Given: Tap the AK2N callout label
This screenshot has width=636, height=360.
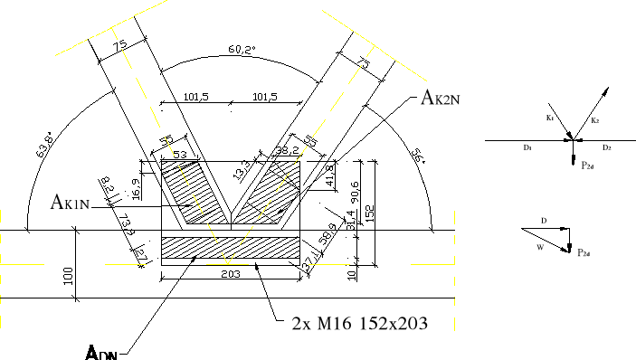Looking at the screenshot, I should tap(441, 99).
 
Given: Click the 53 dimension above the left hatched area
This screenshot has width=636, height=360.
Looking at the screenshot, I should tap(181, 155).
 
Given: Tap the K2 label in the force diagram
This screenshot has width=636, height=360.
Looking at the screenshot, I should tap(593, 119).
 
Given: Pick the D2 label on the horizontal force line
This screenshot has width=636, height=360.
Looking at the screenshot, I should tap(607, 147).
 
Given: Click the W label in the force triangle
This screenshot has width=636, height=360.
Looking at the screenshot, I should tap(539, 245).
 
